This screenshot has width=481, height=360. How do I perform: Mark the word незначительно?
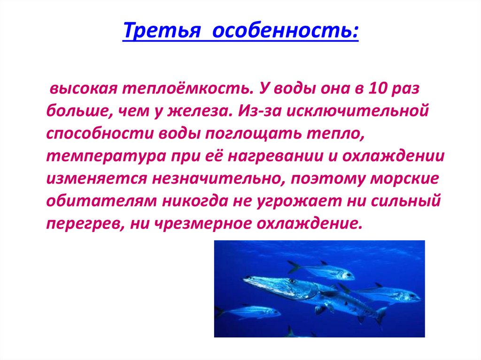coord(215,178)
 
